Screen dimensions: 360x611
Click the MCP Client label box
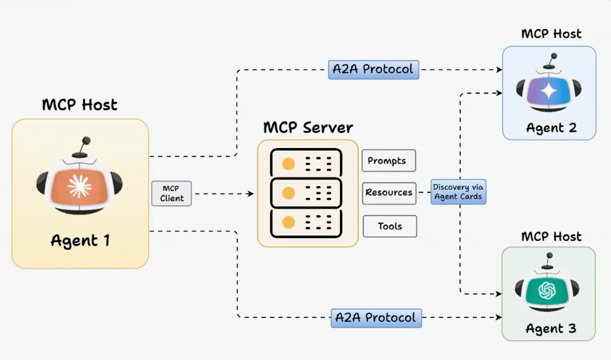172,194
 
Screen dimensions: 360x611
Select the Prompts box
388,161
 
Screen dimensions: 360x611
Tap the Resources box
389,193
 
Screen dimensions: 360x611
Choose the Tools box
389,226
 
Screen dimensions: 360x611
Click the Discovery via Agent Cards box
458,192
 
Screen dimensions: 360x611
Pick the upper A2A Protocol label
374,69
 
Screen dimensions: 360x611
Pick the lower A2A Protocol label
376,317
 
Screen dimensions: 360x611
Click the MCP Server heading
308,127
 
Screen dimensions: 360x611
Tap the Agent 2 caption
551,128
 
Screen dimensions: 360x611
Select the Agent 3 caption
551,329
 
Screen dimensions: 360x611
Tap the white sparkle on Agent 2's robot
548,92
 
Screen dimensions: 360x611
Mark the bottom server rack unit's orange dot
289,223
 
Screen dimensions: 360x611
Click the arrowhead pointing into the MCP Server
251,194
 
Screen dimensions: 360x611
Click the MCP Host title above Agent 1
80,104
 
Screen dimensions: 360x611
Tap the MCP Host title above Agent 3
551,236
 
